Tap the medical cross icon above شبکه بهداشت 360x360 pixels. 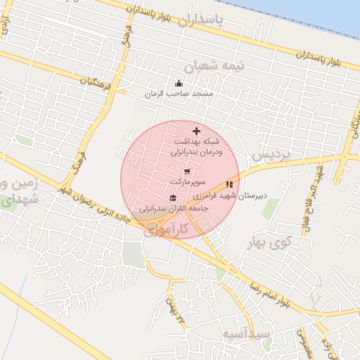click(x=195, y=131)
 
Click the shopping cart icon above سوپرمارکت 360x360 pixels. click(x=186, y=171)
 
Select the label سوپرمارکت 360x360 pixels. click(x=186, y=181)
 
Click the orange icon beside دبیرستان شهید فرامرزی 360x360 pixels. click(x=229, y=184)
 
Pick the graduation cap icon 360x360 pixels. click(x=173, y=198)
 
